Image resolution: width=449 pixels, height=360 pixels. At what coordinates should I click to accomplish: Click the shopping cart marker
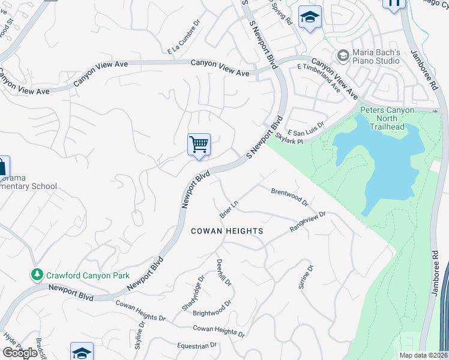(199, 145)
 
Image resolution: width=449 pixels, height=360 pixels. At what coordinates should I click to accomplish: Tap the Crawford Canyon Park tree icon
(37, 275)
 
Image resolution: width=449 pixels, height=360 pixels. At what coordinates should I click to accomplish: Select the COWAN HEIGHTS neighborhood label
(227, 231)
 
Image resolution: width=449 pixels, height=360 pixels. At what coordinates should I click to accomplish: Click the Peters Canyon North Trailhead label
(387, 118)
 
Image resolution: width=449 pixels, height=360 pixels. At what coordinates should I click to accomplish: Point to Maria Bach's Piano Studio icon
(343, 56)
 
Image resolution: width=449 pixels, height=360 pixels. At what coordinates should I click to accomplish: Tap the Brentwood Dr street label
(289, 197)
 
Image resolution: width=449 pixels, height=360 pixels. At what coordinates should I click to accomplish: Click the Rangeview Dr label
(307, 221)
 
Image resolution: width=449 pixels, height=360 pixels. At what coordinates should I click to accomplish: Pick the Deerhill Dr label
(220, 272)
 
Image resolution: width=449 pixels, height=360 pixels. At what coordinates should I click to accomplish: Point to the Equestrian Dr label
(196, 346)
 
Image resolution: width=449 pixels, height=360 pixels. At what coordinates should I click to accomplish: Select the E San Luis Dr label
(306, 128)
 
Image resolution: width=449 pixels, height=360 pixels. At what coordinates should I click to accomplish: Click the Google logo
(20, 352)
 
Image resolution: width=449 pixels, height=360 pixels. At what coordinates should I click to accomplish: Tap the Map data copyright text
(424, 355)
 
